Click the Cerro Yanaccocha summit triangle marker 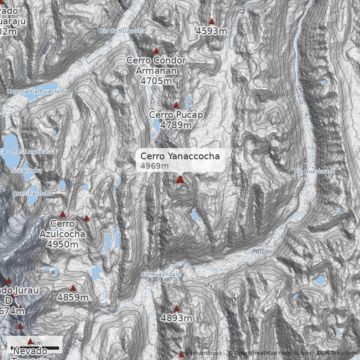[180, 180]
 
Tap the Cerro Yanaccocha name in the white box [180, 156]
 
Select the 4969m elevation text [154, 166]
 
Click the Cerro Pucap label [176, 115]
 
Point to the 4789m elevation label [175, 125]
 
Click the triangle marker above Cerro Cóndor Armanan [157, 51]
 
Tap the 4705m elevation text [156, 81]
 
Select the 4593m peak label [211, 31]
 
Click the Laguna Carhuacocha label [37, 91]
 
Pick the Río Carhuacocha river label [123, 31]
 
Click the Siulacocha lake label [27, 171]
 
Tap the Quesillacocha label [32, 193]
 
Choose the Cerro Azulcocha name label [62, 229]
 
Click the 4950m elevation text [62, 244]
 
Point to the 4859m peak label [73, 297]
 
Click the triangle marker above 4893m [176, 309]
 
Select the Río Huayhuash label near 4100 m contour [161, 274]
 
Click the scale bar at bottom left [35, 347]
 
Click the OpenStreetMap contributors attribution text [270, 353]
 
